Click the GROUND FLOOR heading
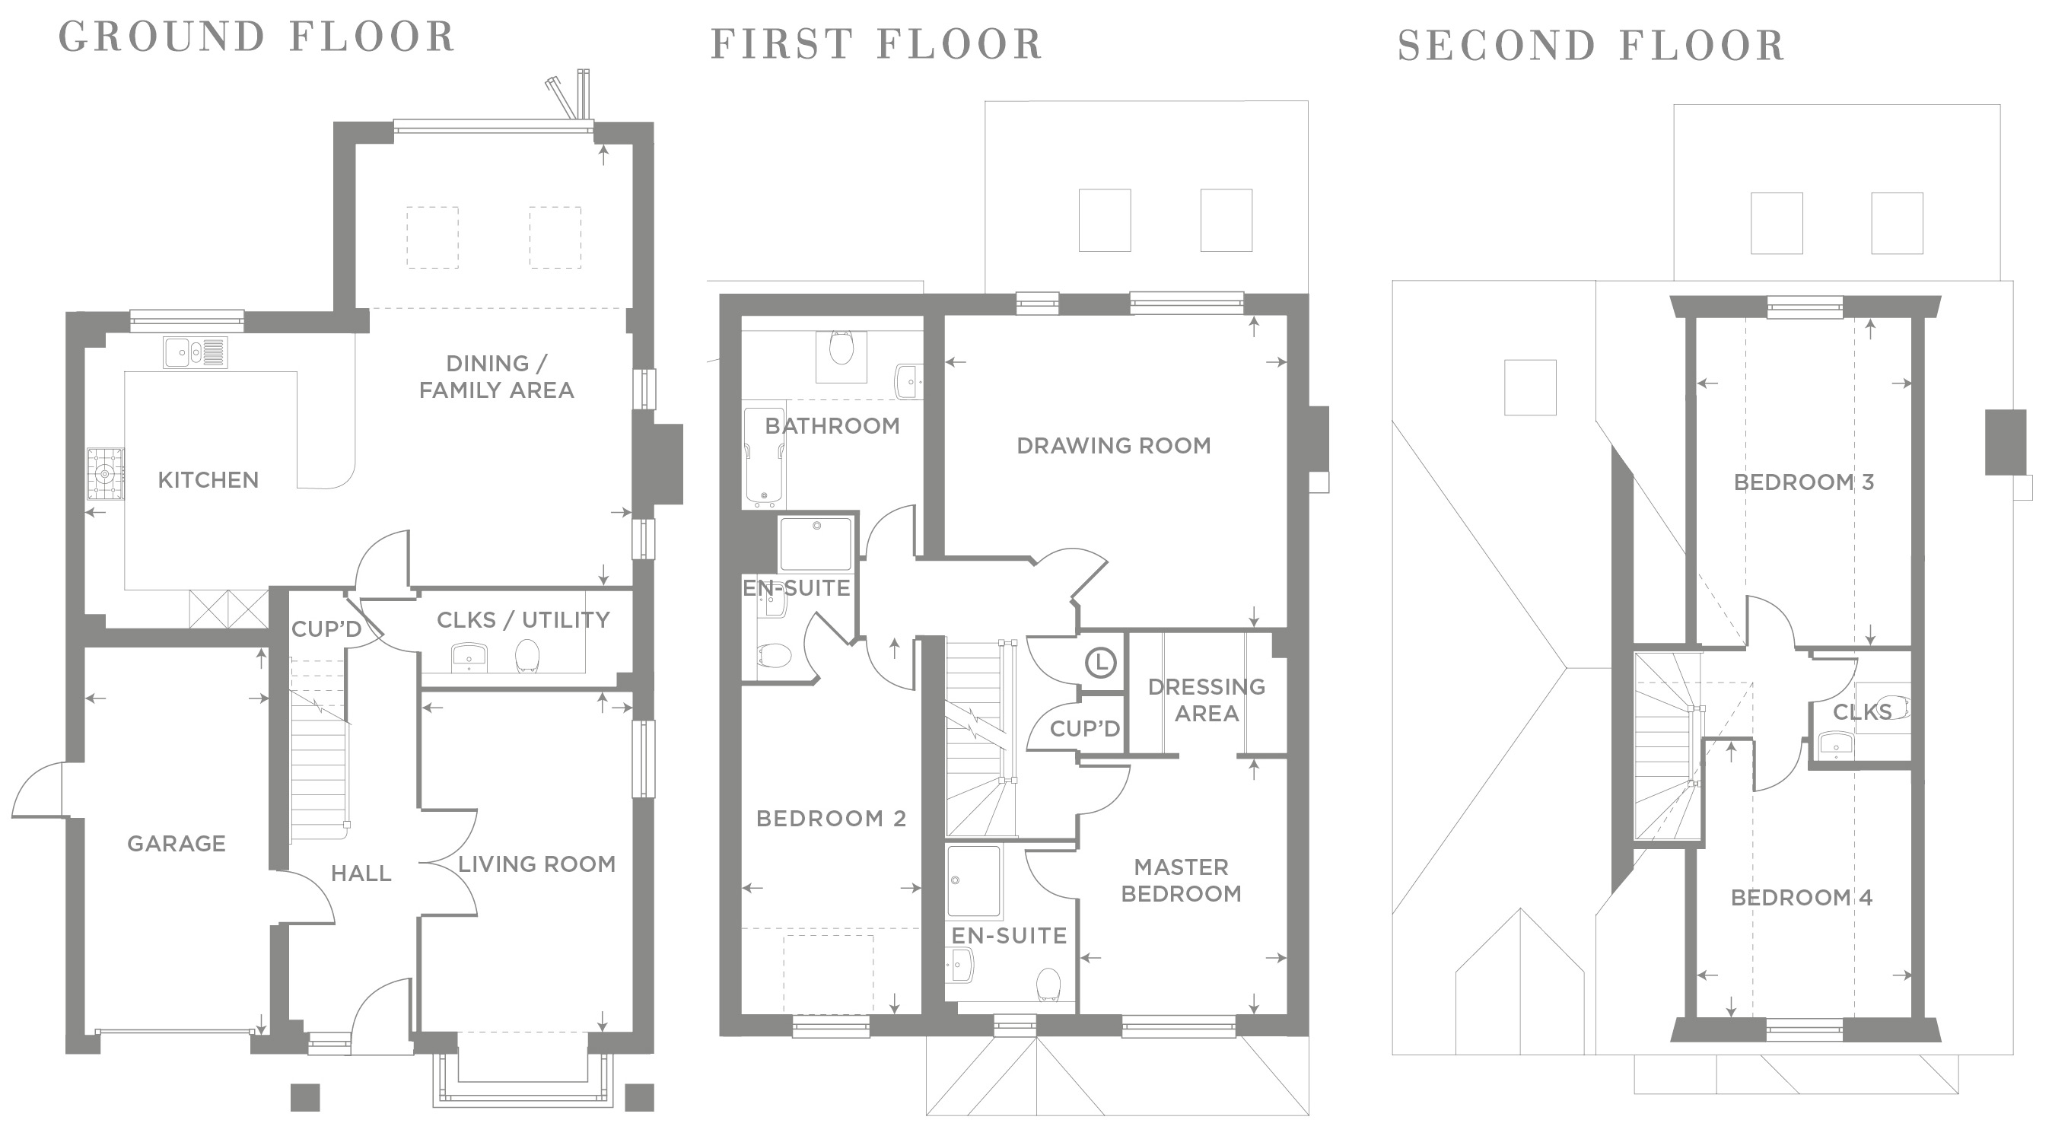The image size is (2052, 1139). click(256, 37)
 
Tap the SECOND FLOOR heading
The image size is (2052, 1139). click(1591, 46)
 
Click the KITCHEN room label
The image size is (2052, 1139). click(208, 479)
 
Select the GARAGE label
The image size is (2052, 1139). click(176, 843)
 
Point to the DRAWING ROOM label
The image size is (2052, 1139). click(1114, 445)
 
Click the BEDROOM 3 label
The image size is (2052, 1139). click(1803, 482)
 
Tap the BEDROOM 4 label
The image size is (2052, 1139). click(1801, 898)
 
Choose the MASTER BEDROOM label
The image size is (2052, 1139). click(1182, 880)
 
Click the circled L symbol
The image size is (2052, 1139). click(1100, 662)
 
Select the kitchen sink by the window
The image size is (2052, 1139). click(196, 352)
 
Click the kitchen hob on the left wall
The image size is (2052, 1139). click(105, 474)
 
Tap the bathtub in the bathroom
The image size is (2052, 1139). click(764, 457)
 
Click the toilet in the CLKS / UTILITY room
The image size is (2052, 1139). click(527, 655)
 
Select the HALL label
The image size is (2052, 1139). click(361, 873)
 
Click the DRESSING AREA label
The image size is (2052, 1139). click(1206, 699)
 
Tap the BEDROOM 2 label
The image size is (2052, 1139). click(831, 818)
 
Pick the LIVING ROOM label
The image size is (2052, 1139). click(536, 864)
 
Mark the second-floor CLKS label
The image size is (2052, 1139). click(1862, 712)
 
